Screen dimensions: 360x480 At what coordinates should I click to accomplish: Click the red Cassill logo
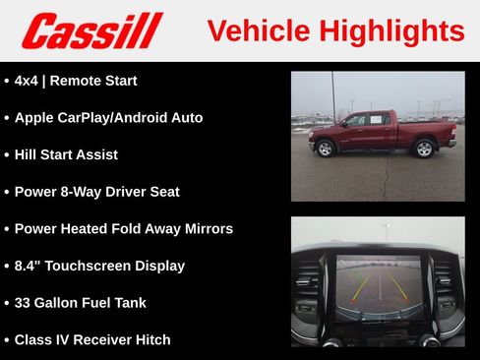pyautogui.click(x=91, y=30)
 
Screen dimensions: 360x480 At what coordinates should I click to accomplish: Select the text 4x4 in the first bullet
pyautogui.click(x=28, y=81)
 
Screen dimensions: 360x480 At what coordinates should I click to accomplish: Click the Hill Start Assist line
pyautogui.click(x=66, y=154)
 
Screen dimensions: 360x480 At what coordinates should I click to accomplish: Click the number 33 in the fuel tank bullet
pyautogui.click(x=24, y=303)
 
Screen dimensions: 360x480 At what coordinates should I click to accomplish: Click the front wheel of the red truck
pyautogui.click(x=325, y=149)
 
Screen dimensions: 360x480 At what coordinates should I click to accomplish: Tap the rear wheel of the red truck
pyautogui.click(x=424, y=149)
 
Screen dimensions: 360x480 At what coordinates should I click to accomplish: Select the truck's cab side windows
pyautogui.click(x=365, y=120)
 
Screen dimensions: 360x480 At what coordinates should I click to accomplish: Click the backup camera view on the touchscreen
pyautogui.click(x=378, y=285)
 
